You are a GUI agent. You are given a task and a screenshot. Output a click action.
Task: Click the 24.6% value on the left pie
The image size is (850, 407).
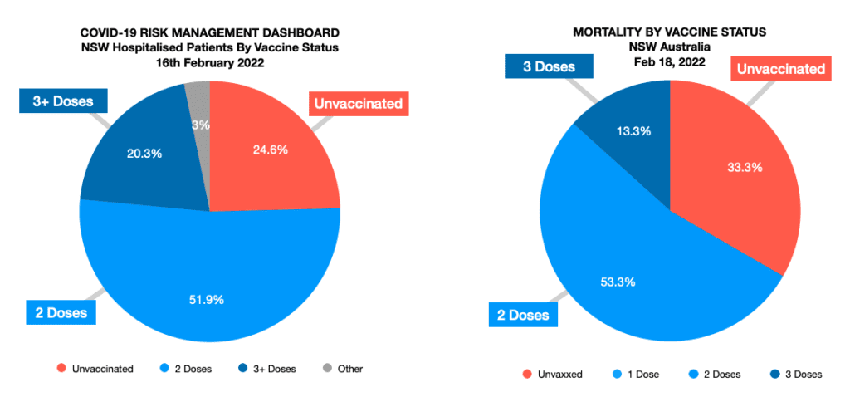click(271, 150)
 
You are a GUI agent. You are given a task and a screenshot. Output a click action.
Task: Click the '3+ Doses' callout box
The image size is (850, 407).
click(64, 102)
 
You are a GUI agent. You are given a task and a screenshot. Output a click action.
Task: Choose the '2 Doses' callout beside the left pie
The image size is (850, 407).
click(59, 313)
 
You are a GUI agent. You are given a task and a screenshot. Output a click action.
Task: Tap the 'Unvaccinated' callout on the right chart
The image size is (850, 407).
click(781, 69)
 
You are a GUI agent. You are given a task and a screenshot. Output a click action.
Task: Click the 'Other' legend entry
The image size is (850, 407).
click(343, 369)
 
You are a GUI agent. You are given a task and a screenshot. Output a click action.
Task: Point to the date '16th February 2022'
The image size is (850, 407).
click(209, 63)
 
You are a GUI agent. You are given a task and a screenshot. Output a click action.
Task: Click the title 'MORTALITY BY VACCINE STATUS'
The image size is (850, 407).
click(669, 32)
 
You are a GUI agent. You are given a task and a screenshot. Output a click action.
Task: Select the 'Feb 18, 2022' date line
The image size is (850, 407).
click(669, 62)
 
